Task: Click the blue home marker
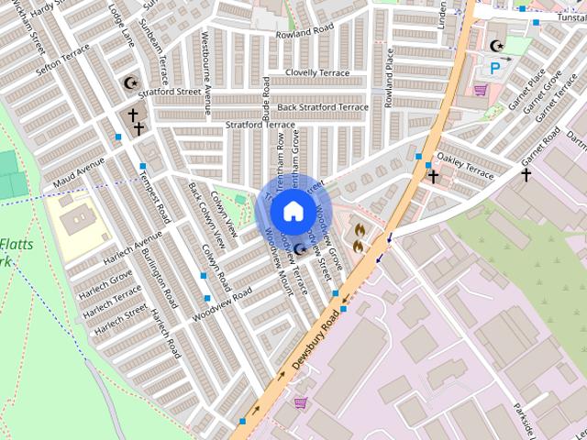pos(292,210)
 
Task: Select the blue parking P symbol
pos(495,67)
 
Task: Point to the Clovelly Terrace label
pos(317,72)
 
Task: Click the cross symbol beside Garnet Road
pos(526,173)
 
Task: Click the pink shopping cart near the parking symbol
pos(480,90)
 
